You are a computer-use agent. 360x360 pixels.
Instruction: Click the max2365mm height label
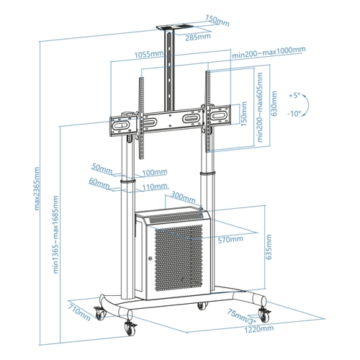[37, 189]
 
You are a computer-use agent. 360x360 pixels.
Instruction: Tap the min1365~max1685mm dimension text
[55, 235]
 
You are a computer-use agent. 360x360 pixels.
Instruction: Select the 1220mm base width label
[259, 328]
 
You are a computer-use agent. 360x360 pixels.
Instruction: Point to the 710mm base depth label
[79, 312]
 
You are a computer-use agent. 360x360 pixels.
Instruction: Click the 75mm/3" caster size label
[242, 316]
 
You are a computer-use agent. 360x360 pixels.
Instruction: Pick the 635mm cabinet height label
[269, 247]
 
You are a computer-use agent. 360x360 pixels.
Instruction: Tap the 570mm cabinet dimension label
[230, 240]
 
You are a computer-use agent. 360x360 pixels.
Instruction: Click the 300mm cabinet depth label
[183, 197]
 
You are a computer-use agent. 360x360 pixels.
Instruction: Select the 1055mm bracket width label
[149, 54]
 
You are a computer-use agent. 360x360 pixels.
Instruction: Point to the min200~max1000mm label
[269, 52]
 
